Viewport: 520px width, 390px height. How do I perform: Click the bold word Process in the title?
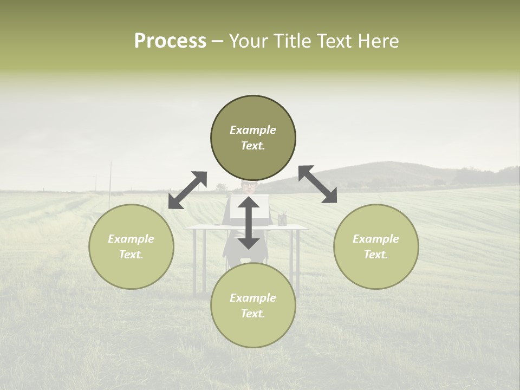click(x=170, y=41)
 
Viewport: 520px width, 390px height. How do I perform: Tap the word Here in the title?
click(x=378, y=41)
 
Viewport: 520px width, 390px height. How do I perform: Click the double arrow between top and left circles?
click(x=187, y=190)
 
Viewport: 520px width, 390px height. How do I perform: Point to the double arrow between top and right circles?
click(x=318, y=184)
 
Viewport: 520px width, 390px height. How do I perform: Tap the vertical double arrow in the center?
click(x=249, y=223)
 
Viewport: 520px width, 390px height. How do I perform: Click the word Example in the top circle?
click(x=253, y=130)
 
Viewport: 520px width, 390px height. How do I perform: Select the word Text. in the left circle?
click(x=131, y=255)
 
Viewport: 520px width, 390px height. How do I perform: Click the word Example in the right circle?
click(x=376, y=239)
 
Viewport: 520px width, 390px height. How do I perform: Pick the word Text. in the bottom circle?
click(x=253, y=314)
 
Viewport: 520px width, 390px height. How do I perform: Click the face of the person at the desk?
click(x=249, y=186)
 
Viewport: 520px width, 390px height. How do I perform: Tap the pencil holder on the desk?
click(x=282, y=219)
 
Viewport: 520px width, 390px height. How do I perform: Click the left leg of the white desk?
click(x=193, y=260)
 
